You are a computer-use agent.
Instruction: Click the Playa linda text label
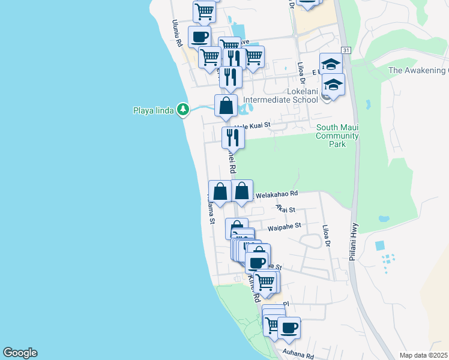153,110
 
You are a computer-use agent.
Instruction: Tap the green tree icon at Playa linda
183,110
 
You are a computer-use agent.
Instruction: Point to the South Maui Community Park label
337,136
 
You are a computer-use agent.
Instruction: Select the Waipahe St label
283,228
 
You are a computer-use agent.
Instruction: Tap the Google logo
20,353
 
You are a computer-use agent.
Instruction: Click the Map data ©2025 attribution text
423,355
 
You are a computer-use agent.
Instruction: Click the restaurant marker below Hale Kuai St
232,138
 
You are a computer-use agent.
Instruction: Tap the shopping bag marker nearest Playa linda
226,106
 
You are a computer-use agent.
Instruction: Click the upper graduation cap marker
330,64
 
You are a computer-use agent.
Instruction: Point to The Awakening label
418,70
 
